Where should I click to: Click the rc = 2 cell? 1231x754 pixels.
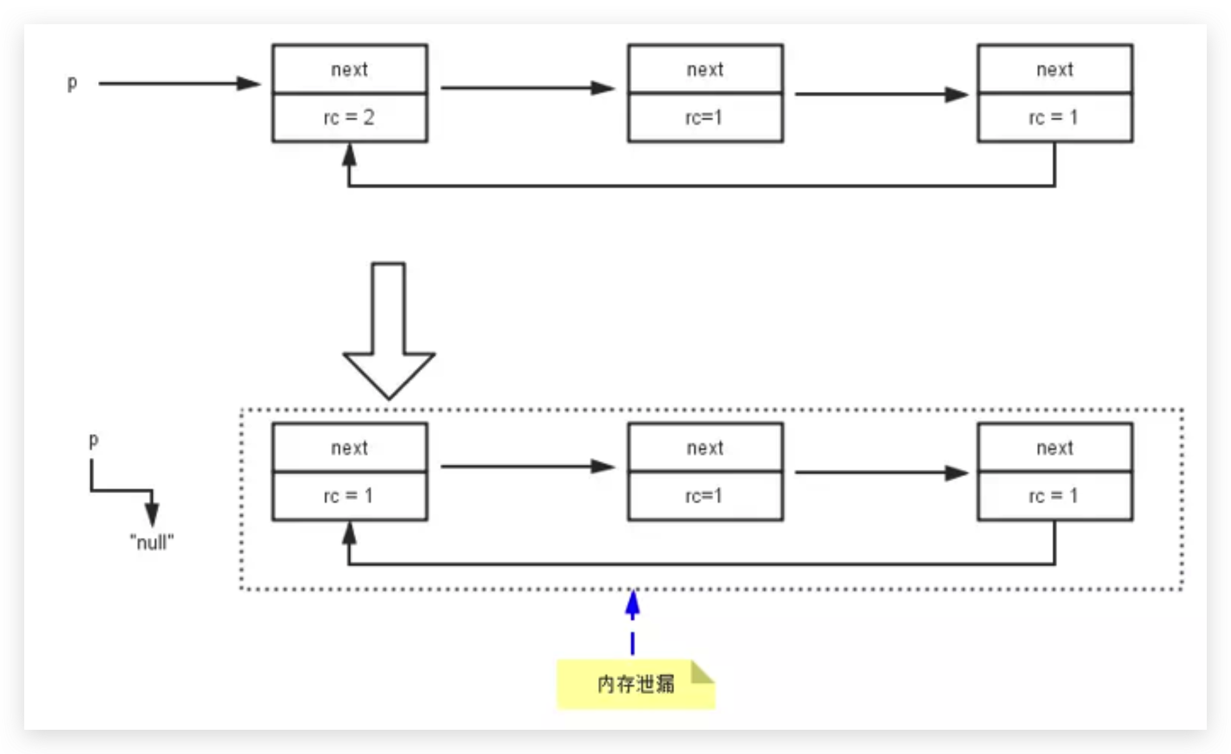(350, 117)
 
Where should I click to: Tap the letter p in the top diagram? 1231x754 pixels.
(72, 83)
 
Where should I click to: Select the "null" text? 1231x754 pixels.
(152, 542)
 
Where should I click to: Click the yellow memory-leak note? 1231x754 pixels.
(635, 684)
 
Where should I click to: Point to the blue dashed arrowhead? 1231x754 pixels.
(632, 605)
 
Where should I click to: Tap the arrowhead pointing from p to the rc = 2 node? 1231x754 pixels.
(248, 84)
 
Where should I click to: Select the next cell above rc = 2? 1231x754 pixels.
(350, 70)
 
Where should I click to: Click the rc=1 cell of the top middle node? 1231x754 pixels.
(705, 117)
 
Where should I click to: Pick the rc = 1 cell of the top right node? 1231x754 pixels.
(1055, 117)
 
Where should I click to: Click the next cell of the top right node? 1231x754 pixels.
(1055, 70)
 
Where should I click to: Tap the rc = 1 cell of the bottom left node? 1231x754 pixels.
(350, 496)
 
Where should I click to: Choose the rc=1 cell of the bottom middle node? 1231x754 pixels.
(705, 496)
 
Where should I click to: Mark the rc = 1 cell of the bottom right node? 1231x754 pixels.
(1055, 496)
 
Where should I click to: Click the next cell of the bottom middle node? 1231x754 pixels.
(705, 448)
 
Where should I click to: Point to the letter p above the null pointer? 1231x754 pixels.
(93, 440)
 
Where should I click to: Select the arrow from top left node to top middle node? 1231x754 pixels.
(527, 88)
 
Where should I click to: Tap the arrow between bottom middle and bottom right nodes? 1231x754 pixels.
(881, 473)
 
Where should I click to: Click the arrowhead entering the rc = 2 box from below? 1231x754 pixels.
(349, 156)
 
